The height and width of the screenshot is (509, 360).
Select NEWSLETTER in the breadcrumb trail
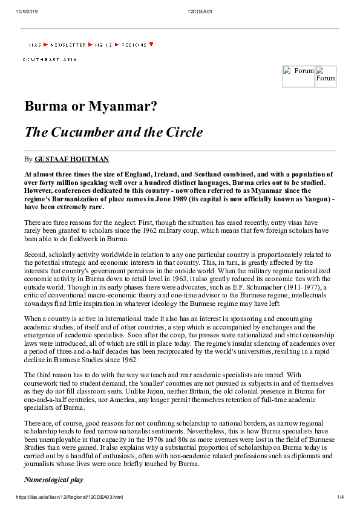pyautogui.click(x=67, y=45)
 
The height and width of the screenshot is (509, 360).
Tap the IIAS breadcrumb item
pyautogui.click(x=34, y=45)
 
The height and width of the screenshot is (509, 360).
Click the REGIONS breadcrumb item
pyautogui.click(x=134, y=45)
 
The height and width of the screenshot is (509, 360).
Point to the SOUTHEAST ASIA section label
pyautogui.click(x=50, y=59)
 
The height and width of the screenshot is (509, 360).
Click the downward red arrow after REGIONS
pyautogui.click(x=151, y=44)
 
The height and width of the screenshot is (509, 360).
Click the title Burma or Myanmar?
pyautogui.click(x=91, y=107)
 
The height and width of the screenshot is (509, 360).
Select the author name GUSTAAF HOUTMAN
pyautogui.click(x=71, y=159)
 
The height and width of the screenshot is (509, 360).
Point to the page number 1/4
pyautogui.click(x=340, y=498)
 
